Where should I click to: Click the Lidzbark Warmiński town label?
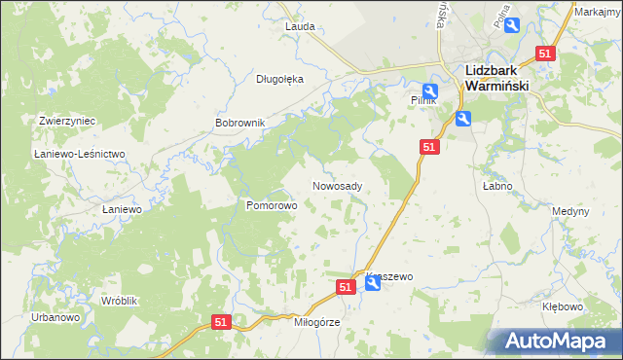pyautogui.click(x=496, y=79)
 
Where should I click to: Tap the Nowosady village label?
pyautogui.click(x=338, y=186)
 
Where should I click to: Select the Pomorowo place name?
pyautogui.click(x=271, y=206)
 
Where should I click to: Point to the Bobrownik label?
pyautogui.click(x=239, y=124)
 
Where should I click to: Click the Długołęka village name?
pyautogui.click(x=280, y=80)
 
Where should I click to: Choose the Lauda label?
pyautogui.click(x=300, y=26)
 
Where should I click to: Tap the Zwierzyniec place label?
pyautogui.click(x=66, y=121)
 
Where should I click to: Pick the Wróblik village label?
pyautogui.click(x=120, y=301)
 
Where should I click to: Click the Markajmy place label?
pyautogui.click(x=598, y=12)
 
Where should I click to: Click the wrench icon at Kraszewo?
pyautogui.click(x=372, y=285)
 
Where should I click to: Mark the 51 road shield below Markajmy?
pyautogui.click(x=545, y=55)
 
